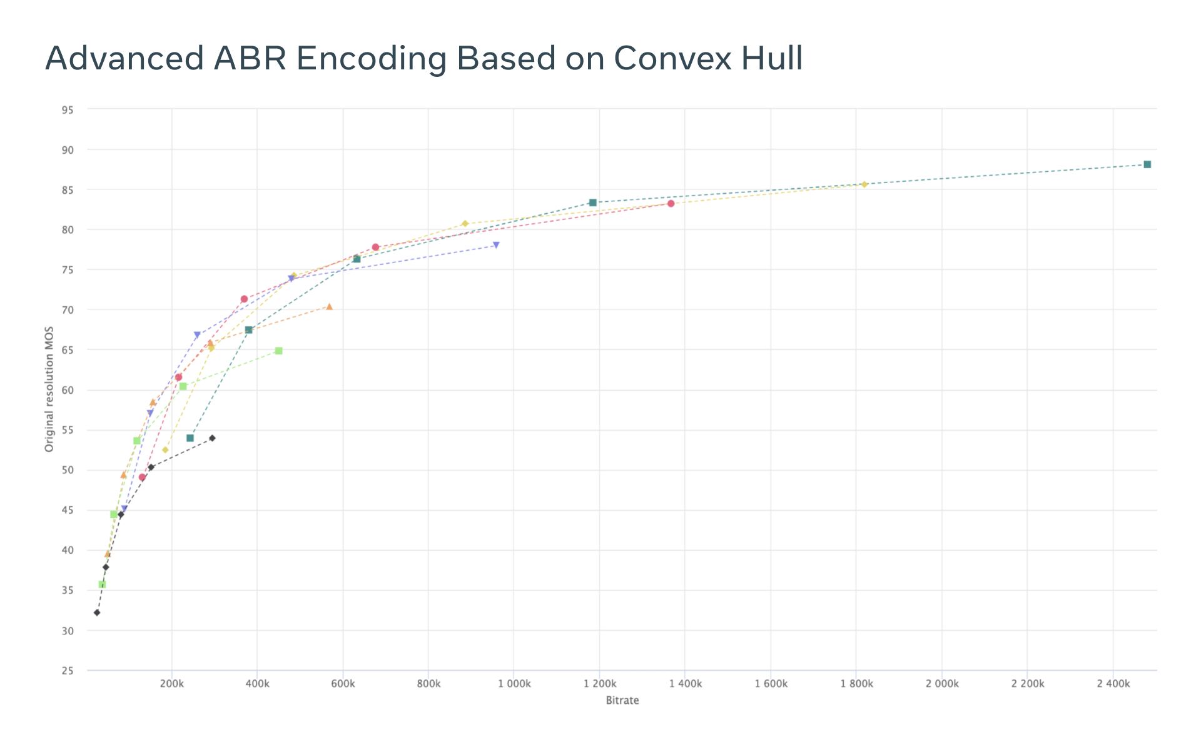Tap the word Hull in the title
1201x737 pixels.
coord(772,58)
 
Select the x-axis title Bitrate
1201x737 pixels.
coord(622,700)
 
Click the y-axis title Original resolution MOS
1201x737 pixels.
coord(49,389)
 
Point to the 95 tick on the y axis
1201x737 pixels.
coord(68,110)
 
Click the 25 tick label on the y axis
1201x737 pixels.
coord(68,671)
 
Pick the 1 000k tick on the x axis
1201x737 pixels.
coord(514,684)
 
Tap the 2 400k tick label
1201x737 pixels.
coord(1113,684)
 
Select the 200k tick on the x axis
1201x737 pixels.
coord(172,684)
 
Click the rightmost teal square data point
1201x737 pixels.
coord(1147,164)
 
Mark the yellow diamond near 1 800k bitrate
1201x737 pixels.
coord(864,184)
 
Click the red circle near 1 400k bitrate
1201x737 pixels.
coord(671,203)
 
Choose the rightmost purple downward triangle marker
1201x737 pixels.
coord(496,245)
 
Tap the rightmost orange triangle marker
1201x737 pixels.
coord(329,306)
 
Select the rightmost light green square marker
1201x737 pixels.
coord(278,351)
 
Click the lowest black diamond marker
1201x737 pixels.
coord(97,613)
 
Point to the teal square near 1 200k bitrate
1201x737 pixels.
coord(592,203)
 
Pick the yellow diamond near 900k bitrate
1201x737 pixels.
coord(465,224)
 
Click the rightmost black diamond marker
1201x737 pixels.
coord(212,438)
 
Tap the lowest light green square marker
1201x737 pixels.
coord(102,584)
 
